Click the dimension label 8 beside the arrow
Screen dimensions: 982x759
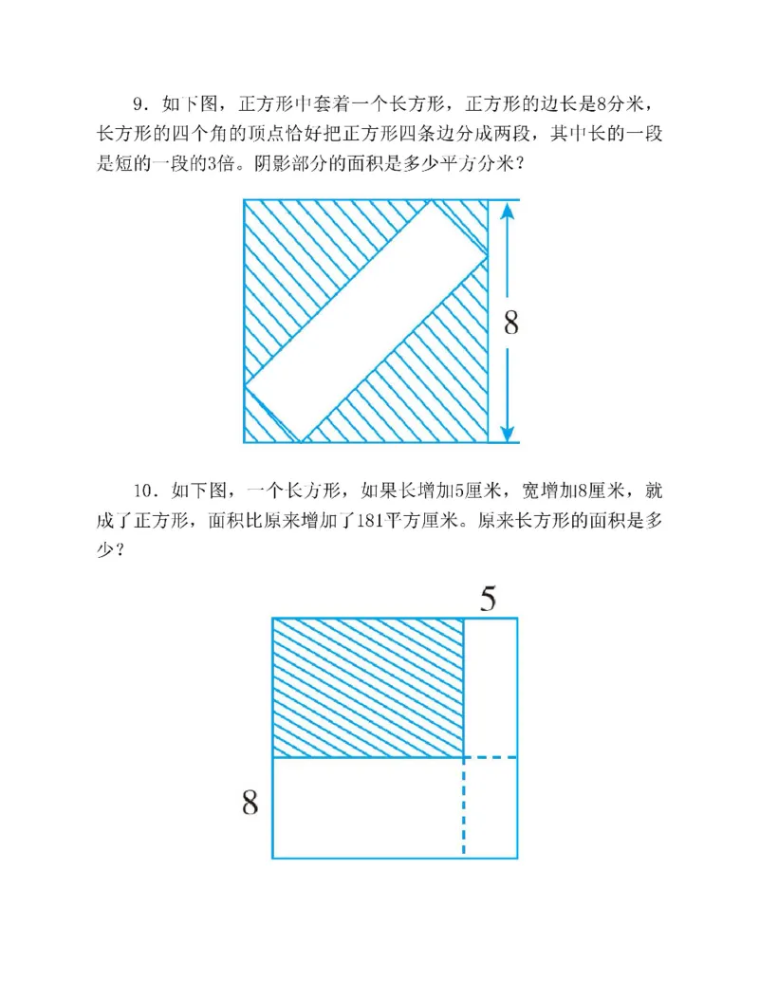(x=510, y=324)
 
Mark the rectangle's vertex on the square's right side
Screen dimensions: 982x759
(x=488, y=254)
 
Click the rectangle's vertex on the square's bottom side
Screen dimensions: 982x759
(x=302, y=442)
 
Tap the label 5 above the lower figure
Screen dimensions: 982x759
(x=487, y=599)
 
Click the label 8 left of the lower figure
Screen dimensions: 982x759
(x=250, y=805)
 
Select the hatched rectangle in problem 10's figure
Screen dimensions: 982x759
(x=368, y=687)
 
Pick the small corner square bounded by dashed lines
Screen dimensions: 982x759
(x=490, y=807)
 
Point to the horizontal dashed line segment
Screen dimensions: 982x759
(x=490, y=757)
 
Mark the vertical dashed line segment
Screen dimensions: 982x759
(x=463, y=807)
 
